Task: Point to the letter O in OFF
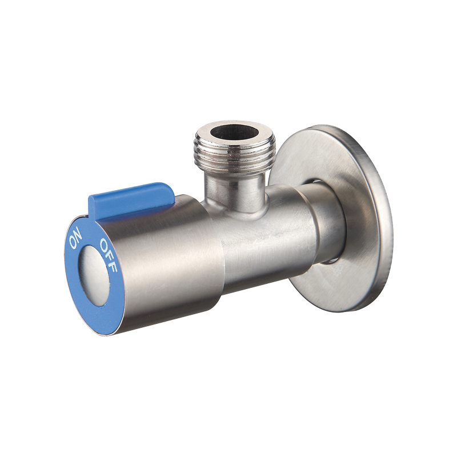coord(104,243)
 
